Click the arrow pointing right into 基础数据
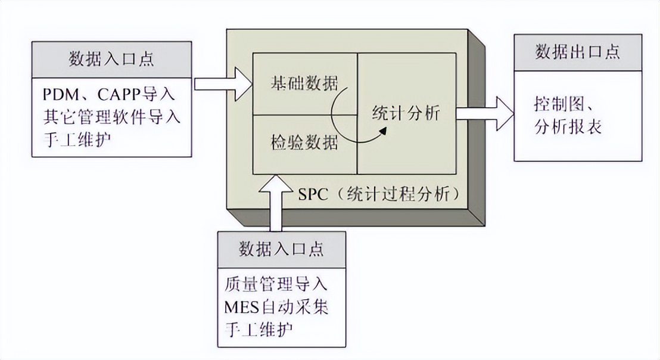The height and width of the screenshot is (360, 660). tap(223, 83)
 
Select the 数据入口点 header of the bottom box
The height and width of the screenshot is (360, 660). tap(281, 249)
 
